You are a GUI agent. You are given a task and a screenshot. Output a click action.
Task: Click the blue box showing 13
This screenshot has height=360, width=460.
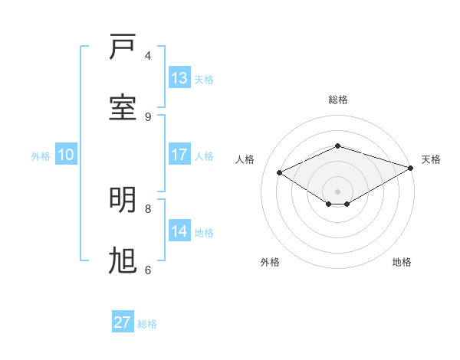click(179, 78)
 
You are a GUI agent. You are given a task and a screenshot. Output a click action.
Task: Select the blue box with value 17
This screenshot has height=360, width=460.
click(179, 155)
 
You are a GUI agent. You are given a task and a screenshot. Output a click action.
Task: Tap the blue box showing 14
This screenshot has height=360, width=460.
click(179, 231)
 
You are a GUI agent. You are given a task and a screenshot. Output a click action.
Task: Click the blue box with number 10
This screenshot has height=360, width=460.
click(66, 155)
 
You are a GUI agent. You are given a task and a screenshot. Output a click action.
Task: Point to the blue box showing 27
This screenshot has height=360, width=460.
click(123, 322)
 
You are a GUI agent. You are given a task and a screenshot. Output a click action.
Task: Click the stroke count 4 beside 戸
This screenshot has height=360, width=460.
click(148, 56)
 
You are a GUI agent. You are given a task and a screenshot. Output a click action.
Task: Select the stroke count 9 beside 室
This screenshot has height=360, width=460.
click(148, 116)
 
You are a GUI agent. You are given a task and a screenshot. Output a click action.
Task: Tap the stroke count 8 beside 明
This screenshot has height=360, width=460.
click(148, 208)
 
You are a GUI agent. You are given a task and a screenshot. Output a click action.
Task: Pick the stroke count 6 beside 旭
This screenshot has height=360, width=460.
click(148, 270)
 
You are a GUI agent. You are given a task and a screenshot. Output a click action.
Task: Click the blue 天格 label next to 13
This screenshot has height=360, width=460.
click(204, 79)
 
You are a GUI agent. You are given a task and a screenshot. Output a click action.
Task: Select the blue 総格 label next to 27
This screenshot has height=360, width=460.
click(147, 324)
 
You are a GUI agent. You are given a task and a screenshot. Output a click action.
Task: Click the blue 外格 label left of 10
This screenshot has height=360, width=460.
click(41, 155)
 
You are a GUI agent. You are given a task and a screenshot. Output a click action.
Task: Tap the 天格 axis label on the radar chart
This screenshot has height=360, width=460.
click(431, 159)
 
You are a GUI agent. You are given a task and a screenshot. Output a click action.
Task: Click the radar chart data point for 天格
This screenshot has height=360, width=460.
click(412, 168)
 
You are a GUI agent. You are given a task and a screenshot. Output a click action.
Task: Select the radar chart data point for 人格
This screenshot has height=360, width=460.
click(280, 173)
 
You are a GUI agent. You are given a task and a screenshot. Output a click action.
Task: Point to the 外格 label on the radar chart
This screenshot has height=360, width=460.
click(270, 262)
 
